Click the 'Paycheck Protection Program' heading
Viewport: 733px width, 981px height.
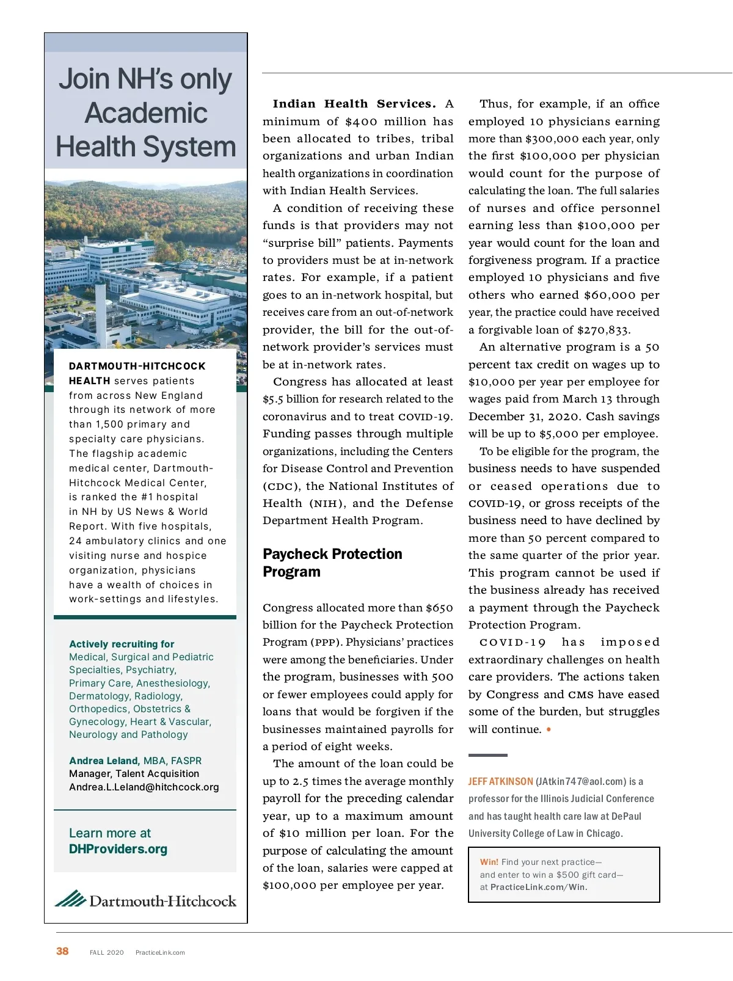(332, 563)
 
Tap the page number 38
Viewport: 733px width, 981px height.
(62, 951)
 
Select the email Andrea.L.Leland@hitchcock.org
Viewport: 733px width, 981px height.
(144, 787)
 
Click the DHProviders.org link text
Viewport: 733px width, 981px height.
(118, 849)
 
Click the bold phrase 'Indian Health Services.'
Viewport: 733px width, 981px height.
(354, 104)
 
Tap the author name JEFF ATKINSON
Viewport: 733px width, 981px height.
(500, 781)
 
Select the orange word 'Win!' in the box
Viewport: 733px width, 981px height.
(489, 862)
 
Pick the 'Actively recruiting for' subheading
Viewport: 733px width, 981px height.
(122, 644)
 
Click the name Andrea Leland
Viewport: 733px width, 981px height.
(104, 760)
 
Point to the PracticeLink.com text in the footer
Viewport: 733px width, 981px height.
(160, 952)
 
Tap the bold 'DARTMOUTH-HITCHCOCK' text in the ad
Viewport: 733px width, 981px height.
(137, 366)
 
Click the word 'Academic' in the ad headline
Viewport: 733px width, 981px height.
(146, 113)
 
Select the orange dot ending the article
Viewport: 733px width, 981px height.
(549, 729)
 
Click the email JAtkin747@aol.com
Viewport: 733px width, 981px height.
(581, 781)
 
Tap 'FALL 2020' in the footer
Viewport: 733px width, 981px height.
(106, 952)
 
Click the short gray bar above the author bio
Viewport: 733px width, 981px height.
(487, 755)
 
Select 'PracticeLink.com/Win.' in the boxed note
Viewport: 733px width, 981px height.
(539, 887)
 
